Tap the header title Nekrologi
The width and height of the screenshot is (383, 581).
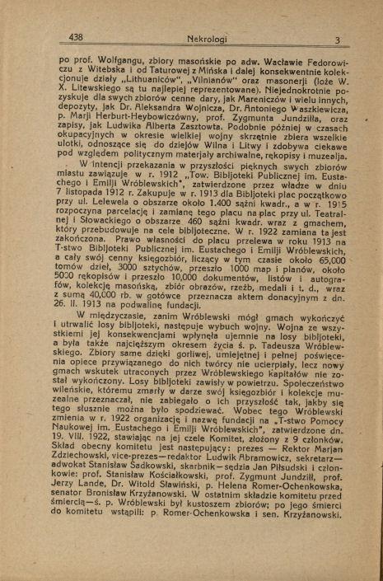[x=189, y=38]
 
